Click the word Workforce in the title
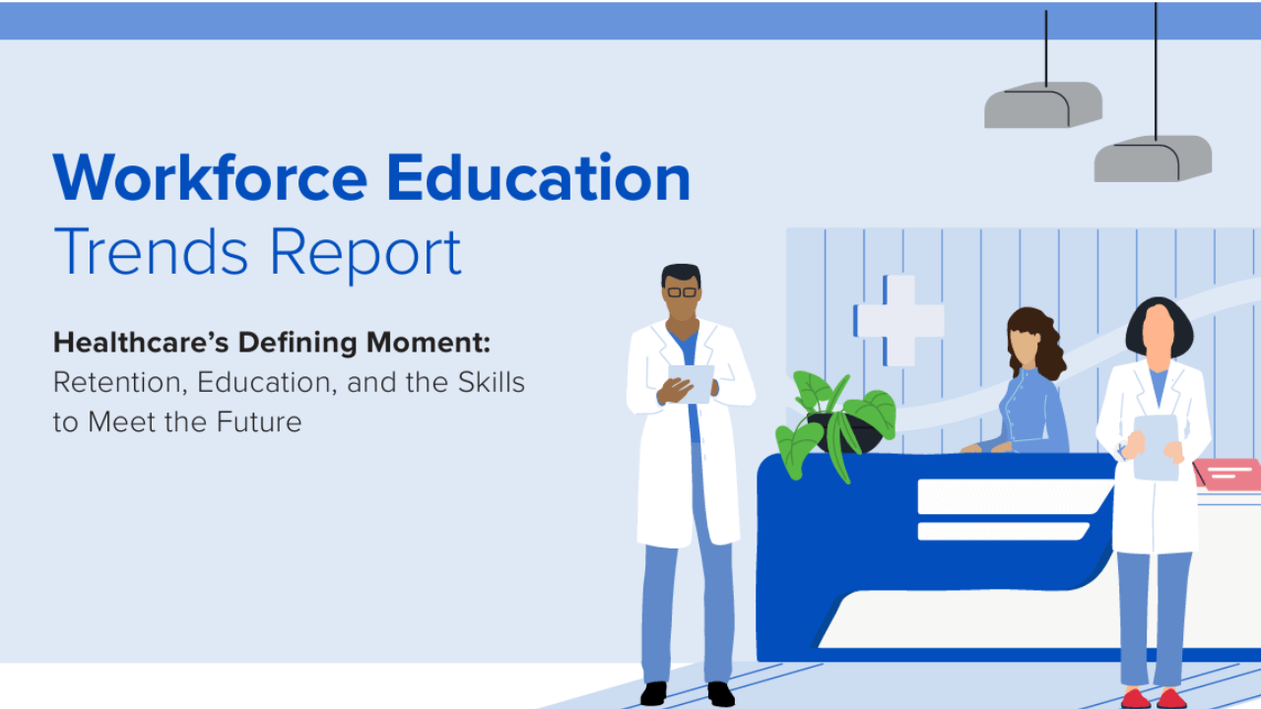[210, 178]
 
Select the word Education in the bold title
[538, 178]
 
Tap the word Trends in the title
[151, 252]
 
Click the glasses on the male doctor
[681, 292]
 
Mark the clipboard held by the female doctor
[1156, 446]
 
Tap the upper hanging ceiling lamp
[1043, 104]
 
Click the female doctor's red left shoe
[1172, 698]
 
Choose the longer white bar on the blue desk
[1015, 495]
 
